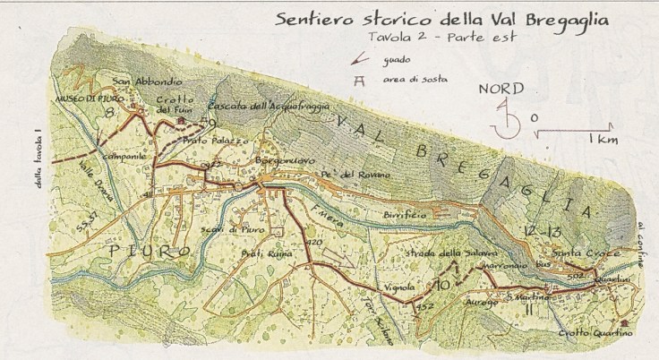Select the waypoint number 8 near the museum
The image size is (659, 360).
[x=109, y=113]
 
